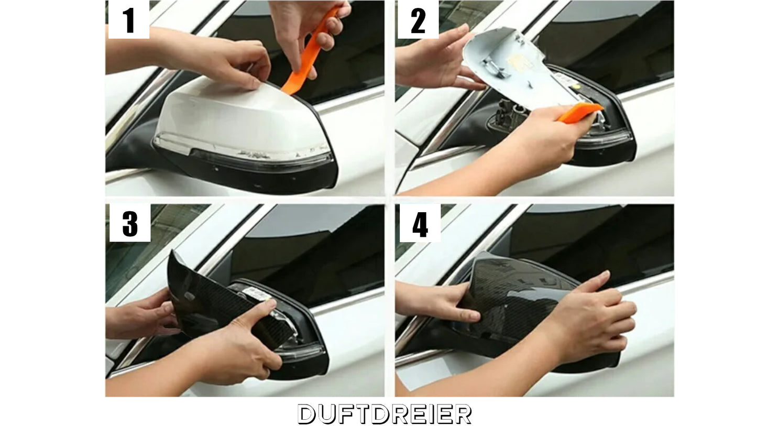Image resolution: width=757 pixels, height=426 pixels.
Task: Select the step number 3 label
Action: (x=130, y=224)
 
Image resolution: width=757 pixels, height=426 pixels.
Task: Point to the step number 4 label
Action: (x=420, y=224)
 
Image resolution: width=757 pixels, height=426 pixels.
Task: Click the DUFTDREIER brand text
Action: (x=385, y=414)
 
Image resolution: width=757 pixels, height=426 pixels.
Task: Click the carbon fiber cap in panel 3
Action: (x=216, y=304)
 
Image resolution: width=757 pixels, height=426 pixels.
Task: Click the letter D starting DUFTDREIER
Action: (x=306, y=414)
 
